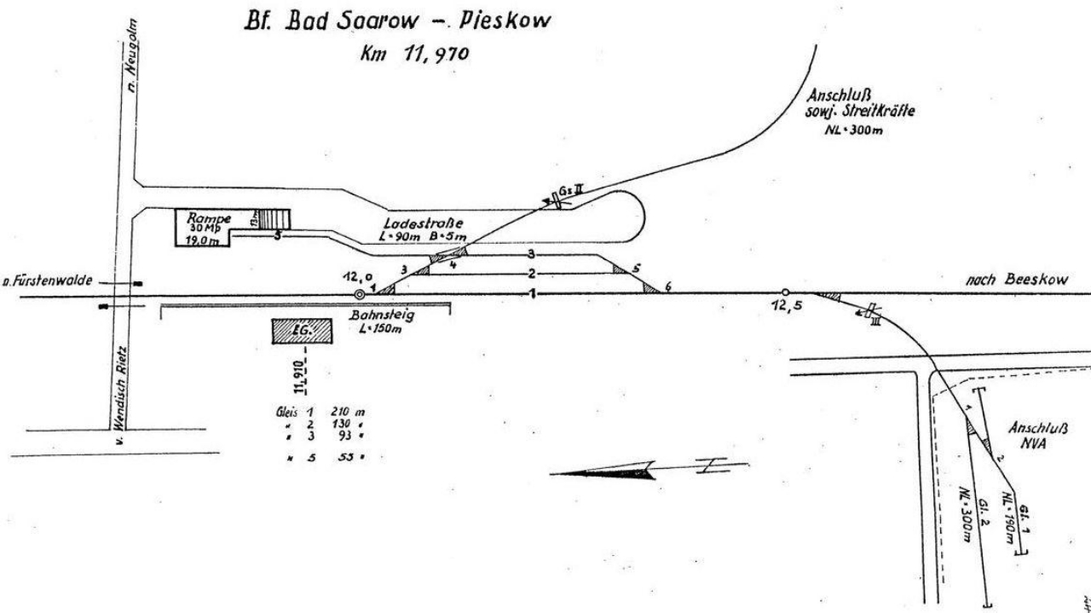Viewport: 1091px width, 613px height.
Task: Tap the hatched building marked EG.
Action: pyautogui.click(x=301, y=330)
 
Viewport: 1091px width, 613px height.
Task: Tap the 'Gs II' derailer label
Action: pyautogui.click(x=572, y=188)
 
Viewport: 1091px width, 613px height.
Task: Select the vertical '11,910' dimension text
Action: pyautogui.click(x=303, y=373)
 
